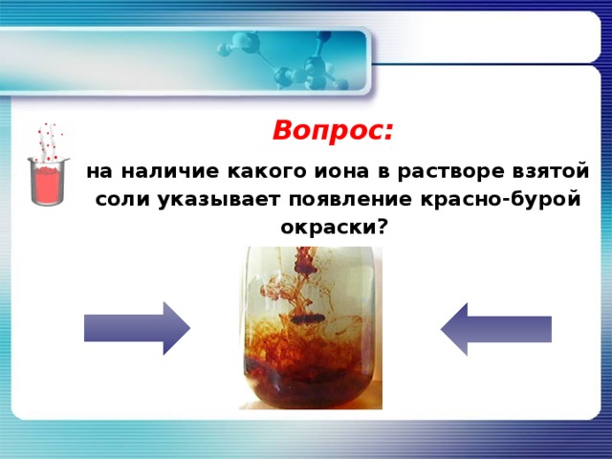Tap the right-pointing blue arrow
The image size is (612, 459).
coord(137,328)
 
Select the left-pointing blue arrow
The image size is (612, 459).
coord(495,328)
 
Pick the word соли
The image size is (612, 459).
coord(117,200)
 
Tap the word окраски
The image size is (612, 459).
coord(328,228)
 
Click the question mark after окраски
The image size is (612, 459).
coord(382,228)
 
